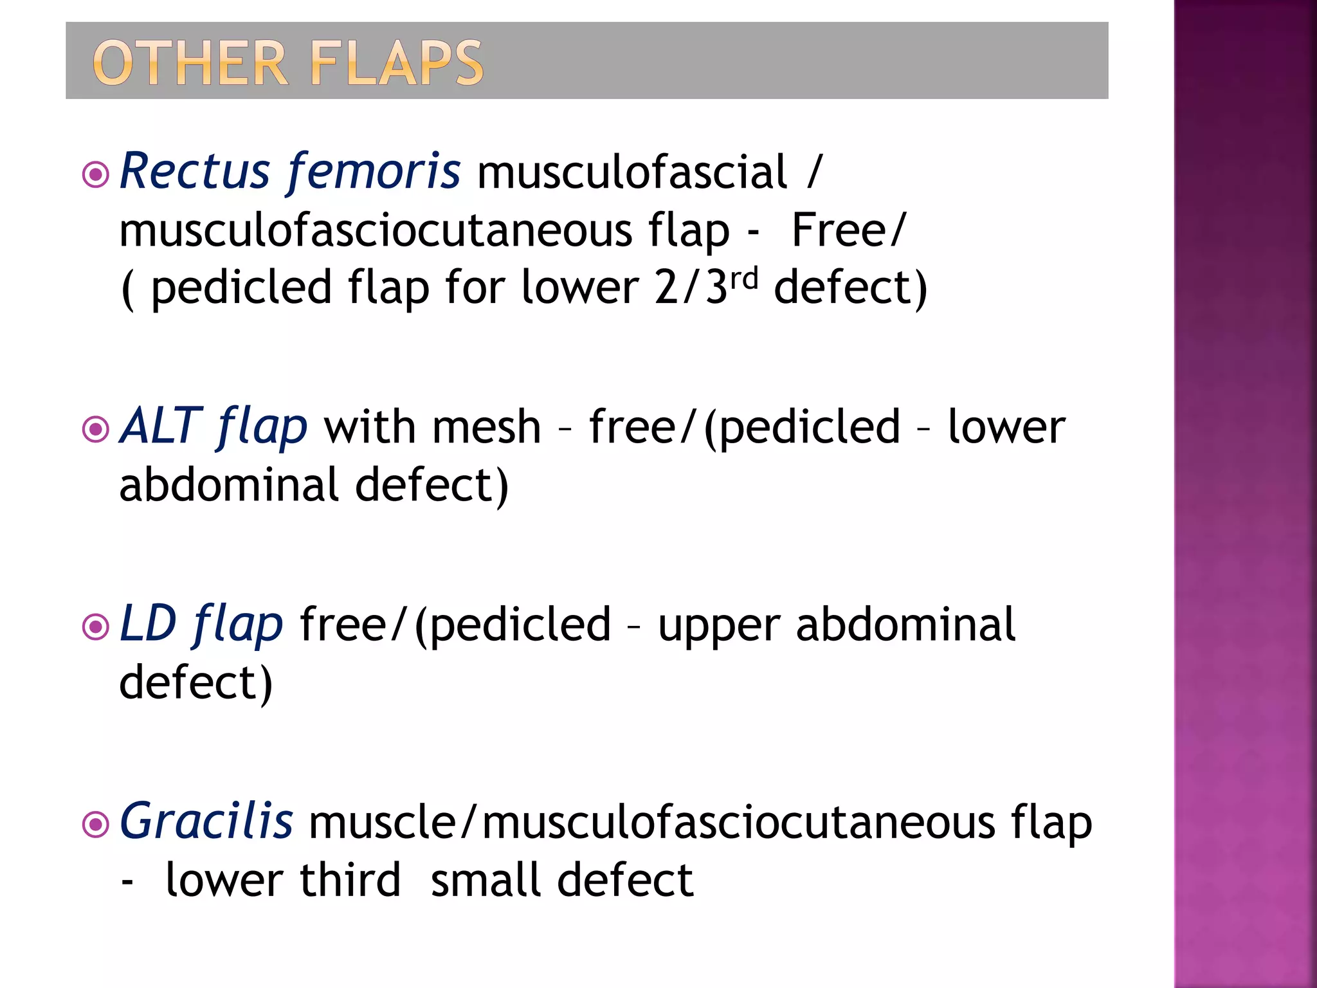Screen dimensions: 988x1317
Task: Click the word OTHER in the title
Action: coord(190,63)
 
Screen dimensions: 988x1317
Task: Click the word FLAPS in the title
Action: coord(396,63)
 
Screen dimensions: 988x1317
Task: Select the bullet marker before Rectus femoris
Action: coord(96,174)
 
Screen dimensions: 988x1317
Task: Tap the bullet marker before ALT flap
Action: coord(96,430)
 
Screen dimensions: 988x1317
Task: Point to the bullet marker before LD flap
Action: coord(96,627)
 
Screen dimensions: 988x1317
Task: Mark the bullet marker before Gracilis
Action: coord(96,824)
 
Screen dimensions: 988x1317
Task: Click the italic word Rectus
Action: coord(195,171)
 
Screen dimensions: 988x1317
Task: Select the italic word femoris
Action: coord(374,171)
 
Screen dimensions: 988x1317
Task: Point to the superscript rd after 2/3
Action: coord(745,278)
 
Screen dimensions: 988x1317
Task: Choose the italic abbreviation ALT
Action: coord(161,426)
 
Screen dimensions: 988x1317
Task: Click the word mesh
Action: coord(486,427)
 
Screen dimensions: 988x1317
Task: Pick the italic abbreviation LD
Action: coord(148,623)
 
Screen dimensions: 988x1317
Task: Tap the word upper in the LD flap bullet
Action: coord(719,627)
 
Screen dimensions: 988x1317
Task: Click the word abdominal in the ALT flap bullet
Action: coord(229,485)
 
